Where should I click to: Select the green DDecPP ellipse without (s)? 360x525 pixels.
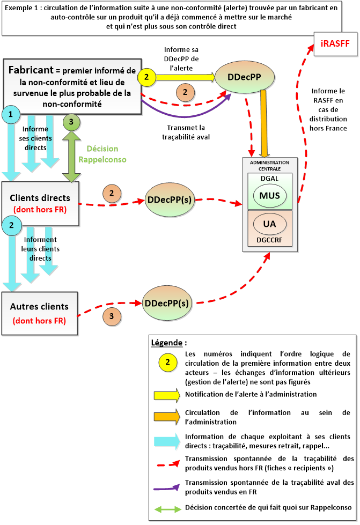[244, 77]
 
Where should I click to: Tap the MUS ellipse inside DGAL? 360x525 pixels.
[269, 195]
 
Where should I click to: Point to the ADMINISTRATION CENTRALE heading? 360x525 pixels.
[269, 165]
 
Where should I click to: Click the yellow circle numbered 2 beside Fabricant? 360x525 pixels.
[146, 77]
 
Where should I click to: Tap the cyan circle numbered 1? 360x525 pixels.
[11, 114]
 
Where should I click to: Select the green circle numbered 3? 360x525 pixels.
[71, 123]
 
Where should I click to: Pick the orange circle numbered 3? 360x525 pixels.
[112, 316]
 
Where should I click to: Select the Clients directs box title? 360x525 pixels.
[40, 197]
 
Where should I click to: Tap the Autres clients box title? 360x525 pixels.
[39, 307]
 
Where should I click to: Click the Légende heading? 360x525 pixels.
[169, 342]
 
